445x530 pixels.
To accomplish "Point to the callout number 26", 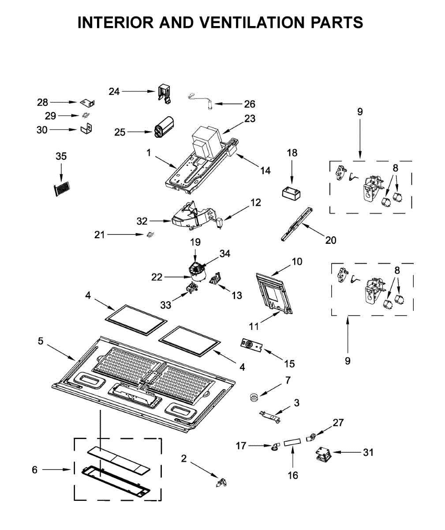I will (250, 104).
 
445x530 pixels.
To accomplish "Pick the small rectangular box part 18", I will (292, 193).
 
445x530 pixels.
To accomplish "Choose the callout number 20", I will (330, 240).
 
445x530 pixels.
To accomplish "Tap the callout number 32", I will (142, 221).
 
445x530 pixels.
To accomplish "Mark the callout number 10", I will (297, 261).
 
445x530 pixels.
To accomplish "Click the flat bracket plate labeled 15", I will (252, 344).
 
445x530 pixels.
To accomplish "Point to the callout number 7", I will (288, 380).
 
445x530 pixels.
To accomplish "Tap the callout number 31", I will (368, 452).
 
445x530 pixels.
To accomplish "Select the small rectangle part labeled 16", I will (292, 442).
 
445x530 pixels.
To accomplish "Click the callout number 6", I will (35, 470).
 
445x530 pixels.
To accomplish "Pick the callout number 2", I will (184, 458).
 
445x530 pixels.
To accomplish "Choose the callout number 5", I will (41, 341).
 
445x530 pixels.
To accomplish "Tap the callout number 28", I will (42, 102).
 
